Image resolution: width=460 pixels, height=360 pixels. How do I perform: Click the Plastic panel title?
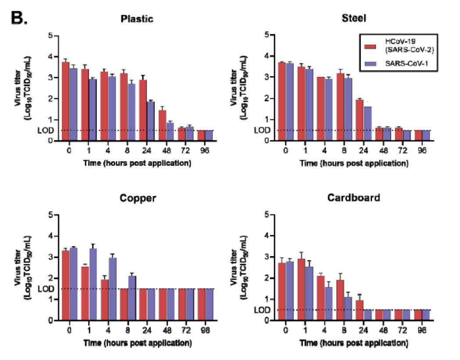click(x=137, y=19)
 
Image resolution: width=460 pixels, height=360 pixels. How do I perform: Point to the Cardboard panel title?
click(x=354, y=198)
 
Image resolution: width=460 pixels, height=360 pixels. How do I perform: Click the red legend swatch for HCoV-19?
click(x=372, y=46)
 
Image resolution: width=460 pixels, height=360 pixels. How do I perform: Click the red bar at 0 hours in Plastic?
click(x=65, y=101)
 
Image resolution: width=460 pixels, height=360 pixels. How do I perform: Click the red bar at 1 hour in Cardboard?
click(x=301, y=289)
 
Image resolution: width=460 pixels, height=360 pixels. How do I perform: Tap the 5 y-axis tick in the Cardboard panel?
click(x=266, y=215)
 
